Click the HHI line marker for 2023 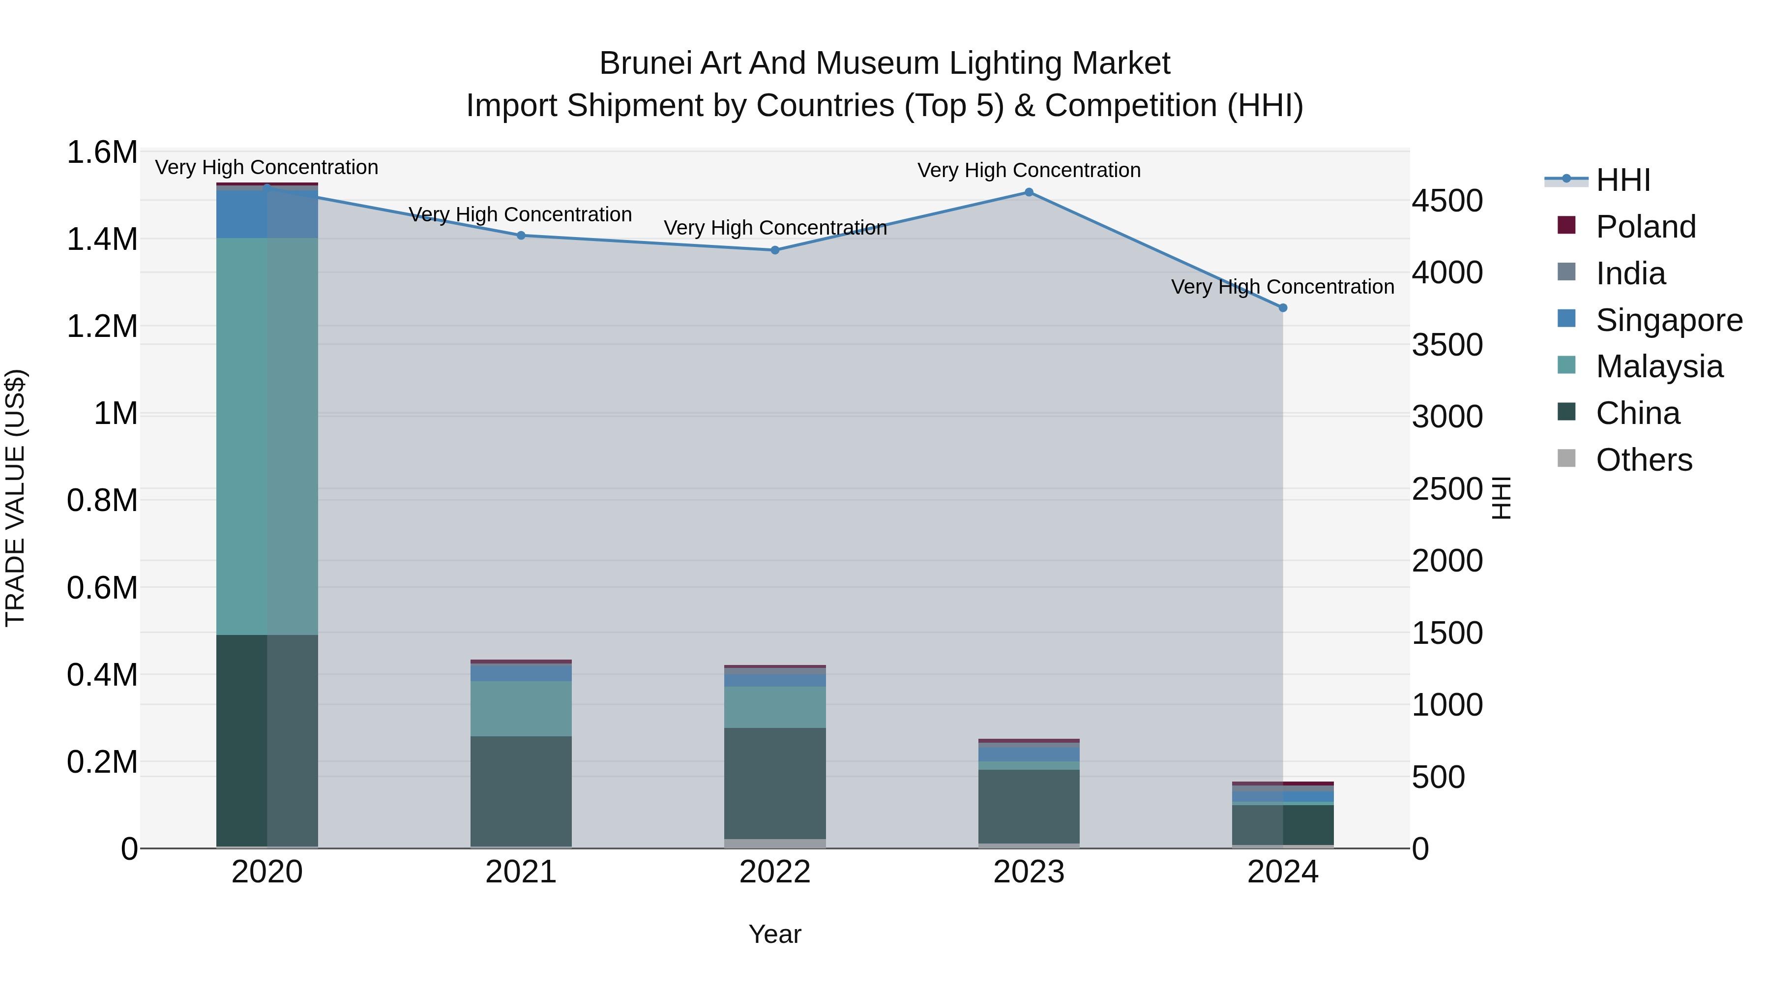(x=1029, y=192)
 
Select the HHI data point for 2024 (x=1282, y=308)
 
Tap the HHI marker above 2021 (x=521, y=236)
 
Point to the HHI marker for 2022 (x=775, y=250)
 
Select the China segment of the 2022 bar (x=775, y=784)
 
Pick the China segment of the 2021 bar (x=521, y=790)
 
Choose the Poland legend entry (x=1645, y=227)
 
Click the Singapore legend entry (x=1668, y=320)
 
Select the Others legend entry (x=1644, y=460)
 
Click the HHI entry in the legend (x=1622, y=180)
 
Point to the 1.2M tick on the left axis (x=102, y=327)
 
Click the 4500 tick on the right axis (x=1447, y=201)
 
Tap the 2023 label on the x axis (x=1029, y=872)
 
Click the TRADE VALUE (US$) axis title (x=15, y=498)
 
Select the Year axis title (x=774, y=934)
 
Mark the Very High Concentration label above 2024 (x=1282, y=287)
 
